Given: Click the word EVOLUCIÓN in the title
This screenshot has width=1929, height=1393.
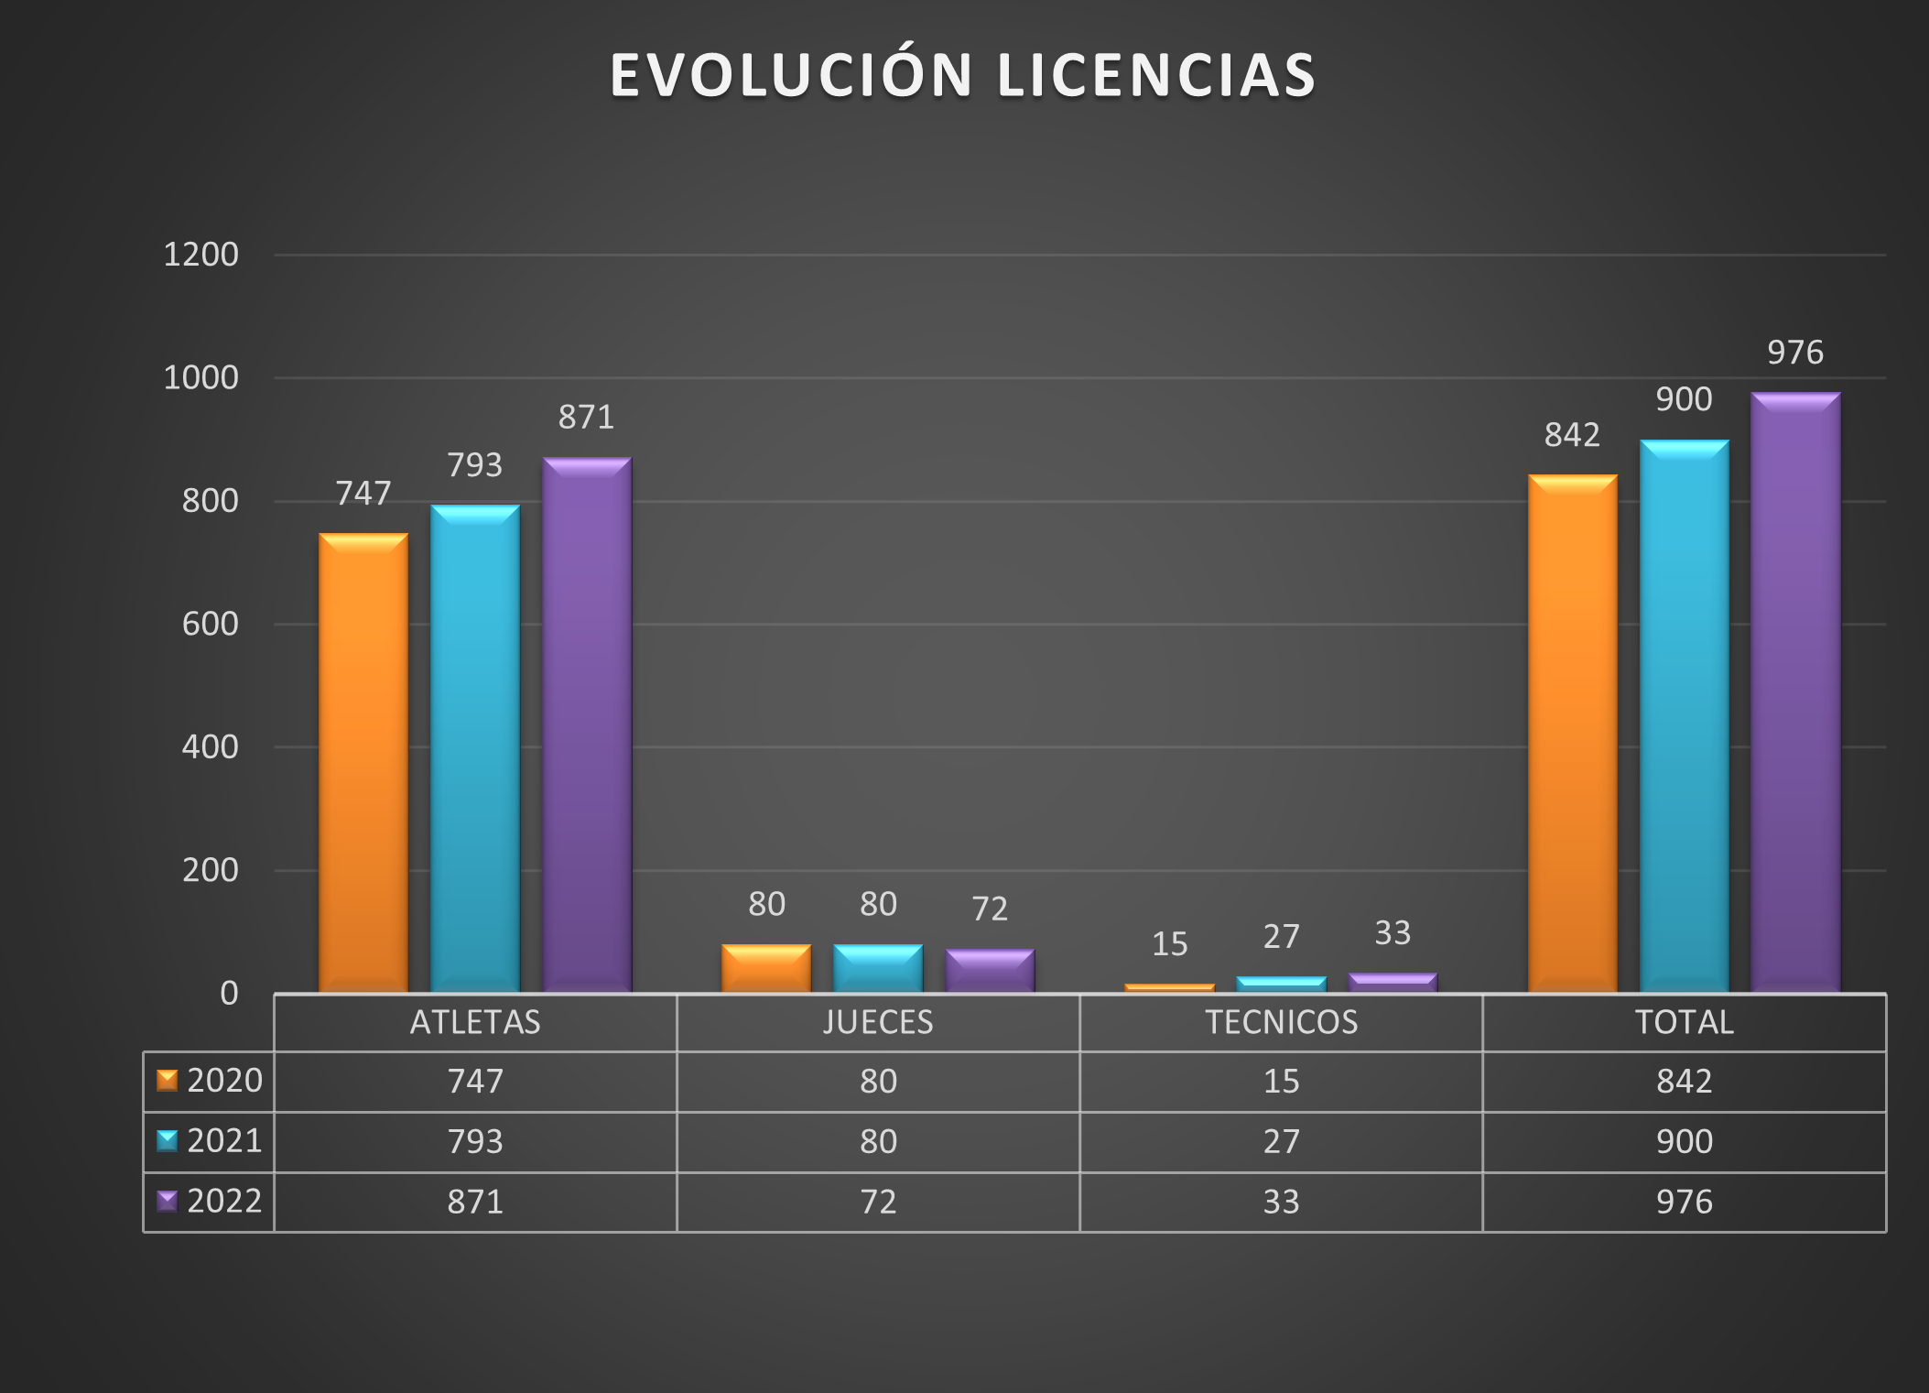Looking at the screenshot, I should (x=791, y=75).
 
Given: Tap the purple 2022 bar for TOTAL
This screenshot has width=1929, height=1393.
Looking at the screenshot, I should (x=1795, y=692).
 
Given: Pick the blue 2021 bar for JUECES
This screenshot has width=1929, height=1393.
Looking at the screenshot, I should (x=878, y=968).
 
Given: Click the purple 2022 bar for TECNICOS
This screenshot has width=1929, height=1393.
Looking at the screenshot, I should (x=1393, y=983).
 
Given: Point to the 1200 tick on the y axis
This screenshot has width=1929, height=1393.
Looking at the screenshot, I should (x=200, y=255).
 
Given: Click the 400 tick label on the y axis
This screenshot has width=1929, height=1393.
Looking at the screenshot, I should (x=210, y=747).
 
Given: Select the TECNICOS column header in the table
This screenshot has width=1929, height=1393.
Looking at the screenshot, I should (x=1281, y=1022).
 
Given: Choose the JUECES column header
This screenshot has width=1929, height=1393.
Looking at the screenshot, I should (x=878, y=1022).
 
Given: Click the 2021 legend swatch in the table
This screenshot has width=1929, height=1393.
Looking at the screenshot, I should (x=167, y=1141).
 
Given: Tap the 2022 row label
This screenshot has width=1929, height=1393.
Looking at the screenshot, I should (x=224, y=1201).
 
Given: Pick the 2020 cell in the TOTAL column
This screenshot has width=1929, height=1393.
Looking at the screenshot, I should (x=1684, y=1082).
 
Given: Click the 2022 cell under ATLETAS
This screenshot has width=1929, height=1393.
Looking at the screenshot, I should (x=475, y=1202).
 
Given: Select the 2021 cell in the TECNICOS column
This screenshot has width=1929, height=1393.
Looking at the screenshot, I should (x=1281, y=1142).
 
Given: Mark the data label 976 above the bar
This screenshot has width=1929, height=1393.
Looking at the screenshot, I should (x=1794, y=353).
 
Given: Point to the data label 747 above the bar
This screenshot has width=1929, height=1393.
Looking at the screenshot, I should (x=363, y=494).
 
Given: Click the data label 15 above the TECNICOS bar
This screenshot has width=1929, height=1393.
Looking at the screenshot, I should (x=1169, y=944).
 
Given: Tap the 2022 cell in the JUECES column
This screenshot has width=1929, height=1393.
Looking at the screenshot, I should (x=878, y=1202).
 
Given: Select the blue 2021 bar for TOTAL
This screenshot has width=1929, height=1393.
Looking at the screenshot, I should (x=1684, y=716).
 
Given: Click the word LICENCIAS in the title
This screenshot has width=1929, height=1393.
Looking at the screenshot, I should (x=1155, y=75).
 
